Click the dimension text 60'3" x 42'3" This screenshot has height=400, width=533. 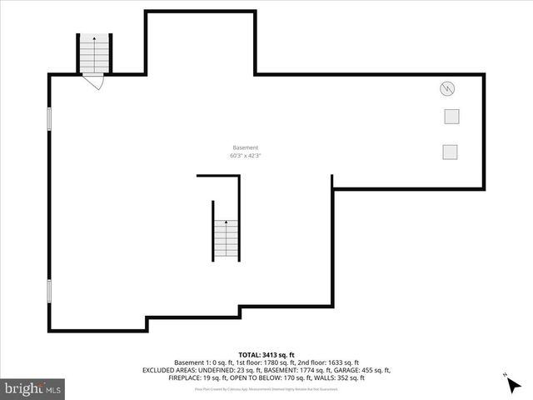(246, 156)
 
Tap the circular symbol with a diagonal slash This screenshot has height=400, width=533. (448, 88)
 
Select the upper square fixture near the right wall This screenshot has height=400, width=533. (451, 117)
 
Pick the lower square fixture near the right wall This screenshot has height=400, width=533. (451, 151)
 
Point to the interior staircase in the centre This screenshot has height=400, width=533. (227, 238)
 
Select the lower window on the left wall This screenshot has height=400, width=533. (49, 290)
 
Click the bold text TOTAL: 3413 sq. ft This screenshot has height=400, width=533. (266, 355)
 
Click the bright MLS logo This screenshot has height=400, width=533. (33, 388)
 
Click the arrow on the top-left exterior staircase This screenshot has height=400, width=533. (94, 38)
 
